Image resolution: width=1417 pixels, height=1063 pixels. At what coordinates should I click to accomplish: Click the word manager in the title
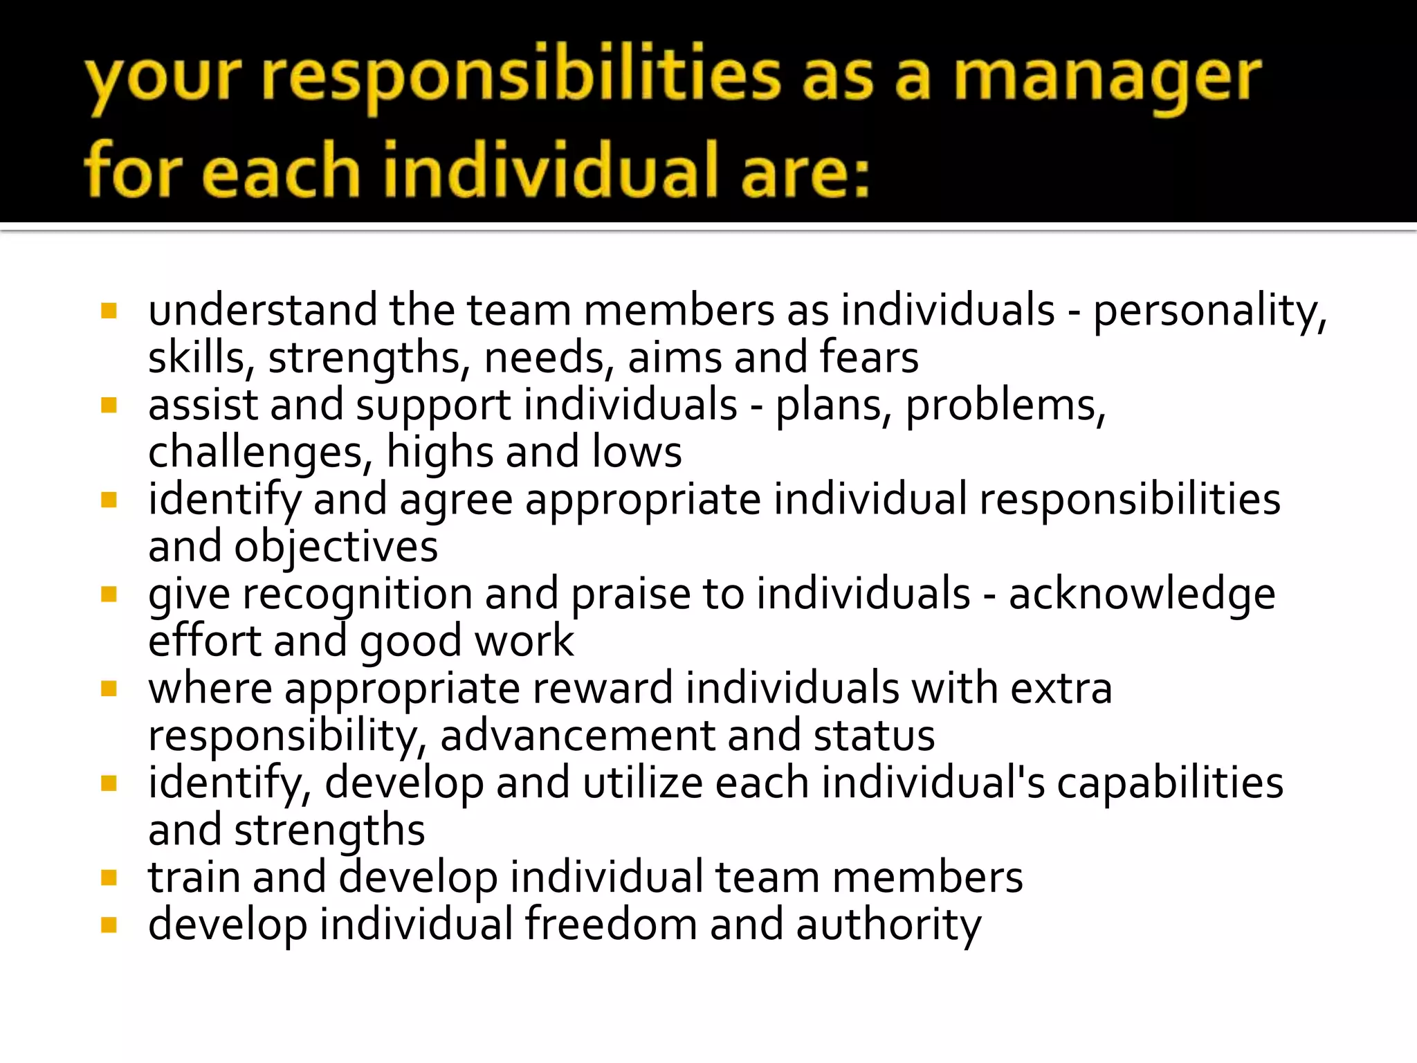click(x=1107, y=80)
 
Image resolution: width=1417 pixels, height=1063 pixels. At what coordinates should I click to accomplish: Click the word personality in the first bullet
click(x=1209, y=311)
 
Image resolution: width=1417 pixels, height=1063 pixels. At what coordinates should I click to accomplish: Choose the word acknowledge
click(x=1142, y=594)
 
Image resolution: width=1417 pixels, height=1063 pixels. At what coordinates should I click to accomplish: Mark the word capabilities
click(x=1170, y=783)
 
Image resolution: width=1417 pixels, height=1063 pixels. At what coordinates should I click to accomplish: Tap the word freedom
click(x=610, y=925)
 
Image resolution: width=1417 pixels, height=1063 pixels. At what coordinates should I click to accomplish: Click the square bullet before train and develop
click(x=109, y=878)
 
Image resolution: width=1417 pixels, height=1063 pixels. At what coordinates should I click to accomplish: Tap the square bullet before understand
click(x=109, y=311)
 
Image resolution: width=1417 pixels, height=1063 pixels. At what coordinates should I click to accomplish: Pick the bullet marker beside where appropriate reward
click(x=109, y=689)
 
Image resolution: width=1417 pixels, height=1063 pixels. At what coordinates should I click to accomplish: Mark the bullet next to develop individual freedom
click(x=109, y=925)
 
